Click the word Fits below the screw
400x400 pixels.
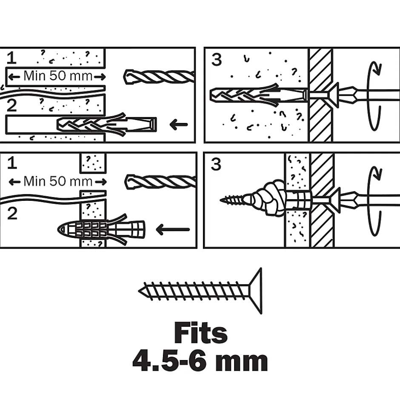[200, 334]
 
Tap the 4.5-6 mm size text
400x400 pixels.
[200, 362]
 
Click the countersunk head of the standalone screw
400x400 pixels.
[255, 291]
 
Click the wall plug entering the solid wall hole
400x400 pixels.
[106, 124]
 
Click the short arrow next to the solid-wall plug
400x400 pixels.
[179, 125]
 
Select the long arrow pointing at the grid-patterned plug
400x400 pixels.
[173, 230]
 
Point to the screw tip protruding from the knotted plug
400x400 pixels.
[232, 199]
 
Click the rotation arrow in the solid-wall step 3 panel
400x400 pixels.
[373, 95]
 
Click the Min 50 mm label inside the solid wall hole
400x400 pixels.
[57, 77]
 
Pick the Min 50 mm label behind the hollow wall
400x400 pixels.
[58, 182]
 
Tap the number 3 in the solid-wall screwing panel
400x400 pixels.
[216, 60]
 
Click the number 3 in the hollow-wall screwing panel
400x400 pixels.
[216, 164]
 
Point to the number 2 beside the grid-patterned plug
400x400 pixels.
[12, 214]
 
